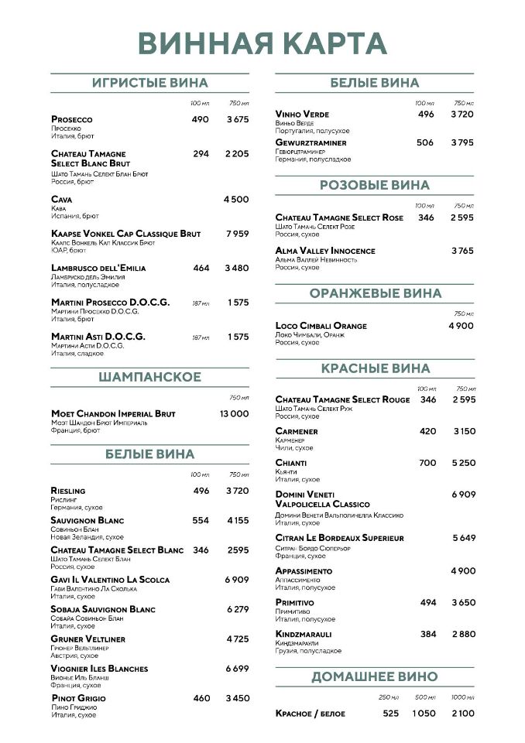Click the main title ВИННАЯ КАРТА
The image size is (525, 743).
[x=262, y=43]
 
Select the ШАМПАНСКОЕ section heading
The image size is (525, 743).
[x=149, y=377]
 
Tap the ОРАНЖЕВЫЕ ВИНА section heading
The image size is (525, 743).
[x=375, y=293]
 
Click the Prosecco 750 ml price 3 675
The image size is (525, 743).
[x=237, y=119]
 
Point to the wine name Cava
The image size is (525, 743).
[x=61, y=199]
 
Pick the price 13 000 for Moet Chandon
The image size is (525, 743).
[x=234, y=414]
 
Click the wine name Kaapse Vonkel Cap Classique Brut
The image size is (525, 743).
[x=125, y=234]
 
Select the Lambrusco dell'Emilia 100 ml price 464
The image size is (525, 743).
[x=201, y=268]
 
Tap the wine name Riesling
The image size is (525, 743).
[x=68, y=491]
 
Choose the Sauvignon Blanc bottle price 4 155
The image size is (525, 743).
[x=238, y=520]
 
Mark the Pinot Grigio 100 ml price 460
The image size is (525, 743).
[x=201, y=698]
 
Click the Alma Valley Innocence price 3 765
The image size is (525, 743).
[x=462, y=251]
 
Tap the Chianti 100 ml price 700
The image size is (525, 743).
[x=427, y=463]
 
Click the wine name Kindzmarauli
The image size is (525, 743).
[x=303, y=634]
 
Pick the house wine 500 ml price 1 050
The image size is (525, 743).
[x=424, y=713]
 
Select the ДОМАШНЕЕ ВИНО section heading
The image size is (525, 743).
[x=374, y=676]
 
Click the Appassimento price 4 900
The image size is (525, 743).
[x=462, y=570]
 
